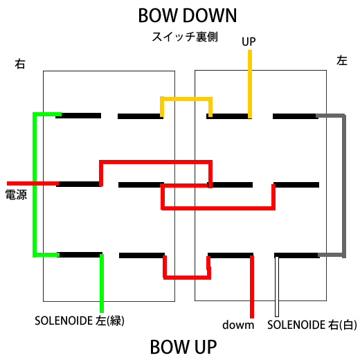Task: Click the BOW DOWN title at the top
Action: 188,15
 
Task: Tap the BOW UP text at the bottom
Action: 183,347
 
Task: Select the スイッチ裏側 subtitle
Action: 185,37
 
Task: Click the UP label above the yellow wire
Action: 249,42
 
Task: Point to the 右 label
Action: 20,64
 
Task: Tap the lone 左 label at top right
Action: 342,61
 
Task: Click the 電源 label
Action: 16,195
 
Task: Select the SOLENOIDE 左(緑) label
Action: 80,321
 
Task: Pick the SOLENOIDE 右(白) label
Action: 312,325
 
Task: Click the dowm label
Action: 238,325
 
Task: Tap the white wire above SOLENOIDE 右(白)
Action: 277,287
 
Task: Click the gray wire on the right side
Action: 344,185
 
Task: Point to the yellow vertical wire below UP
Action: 250,84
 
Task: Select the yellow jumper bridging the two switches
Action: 186,99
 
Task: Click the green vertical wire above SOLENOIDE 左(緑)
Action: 102,283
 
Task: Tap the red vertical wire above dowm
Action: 252,287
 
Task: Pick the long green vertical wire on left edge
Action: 35,185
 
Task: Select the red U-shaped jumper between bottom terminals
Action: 187,277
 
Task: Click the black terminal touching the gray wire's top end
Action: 296,116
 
